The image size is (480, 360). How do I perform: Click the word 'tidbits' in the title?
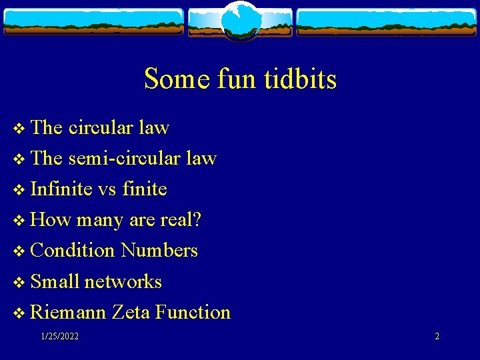[304, 79]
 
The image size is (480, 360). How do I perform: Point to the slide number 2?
[437, 337]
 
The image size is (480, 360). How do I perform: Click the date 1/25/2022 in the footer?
[59, 337]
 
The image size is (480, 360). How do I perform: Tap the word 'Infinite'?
[61, 189]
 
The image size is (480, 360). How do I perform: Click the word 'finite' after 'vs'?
[144, 189]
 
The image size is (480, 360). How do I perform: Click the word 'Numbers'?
[159, 250]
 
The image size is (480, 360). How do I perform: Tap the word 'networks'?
[123, 281]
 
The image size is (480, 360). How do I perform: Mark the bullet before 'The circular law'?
[17, 128]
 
